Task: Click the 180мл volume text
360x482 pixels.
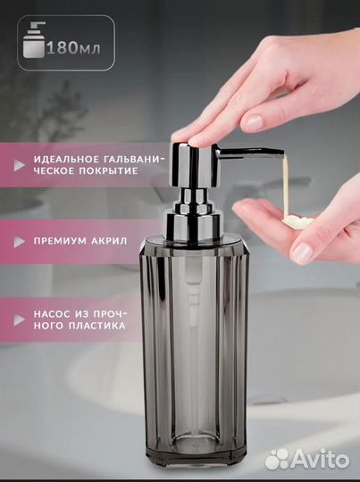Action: click(73, 48)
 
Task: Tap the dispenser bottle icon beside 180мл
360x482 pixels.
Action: click(34, 40)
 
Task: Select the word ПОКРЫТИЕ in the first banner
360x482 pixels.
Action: click(108, 171)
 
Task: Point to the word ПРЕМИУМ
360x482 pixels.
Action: click(60, 241)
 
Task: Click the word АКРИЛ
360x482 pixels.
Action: click(109, 241)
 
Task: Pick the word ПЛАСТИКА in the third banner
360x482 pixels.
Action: click(96, 326)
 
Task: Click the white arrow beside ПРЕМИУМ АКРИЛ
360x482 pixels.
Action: click(20, 242)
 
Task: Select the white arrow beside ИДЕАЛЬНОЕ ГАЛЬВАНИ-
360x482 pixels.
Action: click(20, 165)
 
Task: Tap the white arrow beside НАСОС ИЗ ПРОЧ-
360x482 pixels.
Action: click(20, 320)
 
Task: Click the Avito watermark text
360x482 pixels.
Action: click(320, 460)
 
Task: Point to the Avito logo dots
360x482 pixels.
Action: click(277, 460)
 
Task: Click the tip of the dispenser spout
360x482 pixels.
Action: click(281, 153)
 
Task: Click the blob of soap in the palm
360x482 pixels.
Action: click(297, 221)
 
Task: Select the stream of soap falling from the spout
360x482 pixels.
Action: click(286, 186)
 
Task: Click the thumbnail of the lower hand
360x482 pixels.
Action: click(303, 253)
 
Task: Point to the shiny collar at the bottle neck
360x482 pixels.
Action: click(193, 218)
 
